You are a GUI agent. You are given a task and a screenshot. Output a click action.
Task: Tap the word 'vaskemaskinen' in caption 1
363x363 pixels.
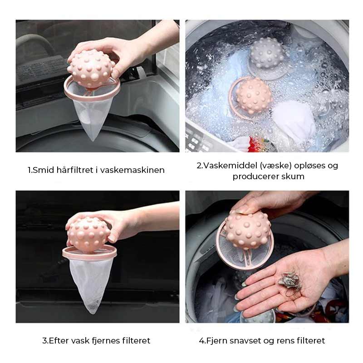click(x=132, y=170)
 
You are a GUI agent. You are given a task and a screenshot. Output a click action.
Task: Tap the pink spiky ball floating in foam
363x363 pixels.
click(x=254, y=96)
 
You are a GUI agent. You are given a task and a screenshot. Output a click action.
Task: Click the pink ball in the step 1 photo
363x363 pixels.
click(x=90, y=69)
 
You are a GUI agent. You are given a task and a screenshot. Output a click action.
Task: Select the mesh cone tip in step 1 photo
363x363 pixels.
click(x=93, y=139)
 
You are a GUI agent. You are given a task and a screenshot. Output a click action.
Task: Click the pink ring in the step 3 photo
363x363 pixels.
click(x=89, y=254)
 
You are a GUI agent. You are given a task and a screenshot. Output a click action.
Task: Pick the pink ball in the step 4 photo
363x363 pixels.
click(x=247, y=230)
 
